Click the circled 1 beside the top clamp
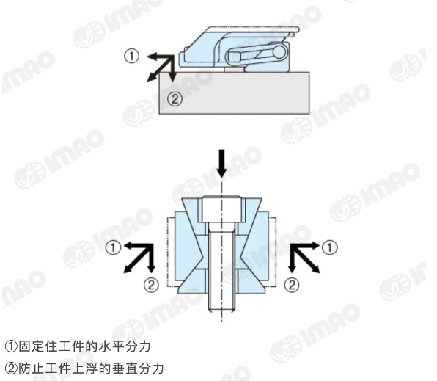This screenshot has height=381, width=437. (131, 56)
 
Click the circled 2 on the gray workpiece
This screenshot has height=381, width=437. (175, 98)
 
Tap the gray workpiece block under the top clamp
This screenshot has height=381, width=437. (234, 93)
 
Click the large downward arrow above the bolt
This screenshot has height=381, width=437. (221, 164)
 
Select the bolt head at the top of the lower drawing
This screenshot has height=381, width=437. (221, 209)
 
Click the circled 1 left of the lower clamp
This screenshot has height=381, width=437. (113, 247)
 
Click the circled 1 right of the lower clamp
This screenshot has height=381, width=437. (330, 247)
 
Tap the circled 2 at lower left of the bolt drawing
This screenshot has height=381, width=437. (151, 285)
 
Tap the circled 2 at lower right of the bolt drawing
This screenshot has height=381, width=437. (292, 285)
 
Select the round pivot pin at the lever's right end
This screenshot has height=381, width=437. (279, 52)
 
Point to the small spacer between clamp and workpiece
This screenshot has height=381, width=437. (234, 69)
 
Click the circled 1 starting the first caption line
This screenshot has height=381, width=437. (11, 346)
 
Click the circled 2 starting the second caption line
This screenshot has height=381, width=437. (11, 369)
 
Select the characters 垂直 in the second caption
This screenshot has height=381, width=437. (124, 369)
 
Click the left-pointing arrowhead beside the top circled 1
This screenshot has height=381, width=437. (152, 57)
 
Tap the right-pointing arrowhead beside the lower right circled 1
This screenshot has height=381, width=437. (315, 246)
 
